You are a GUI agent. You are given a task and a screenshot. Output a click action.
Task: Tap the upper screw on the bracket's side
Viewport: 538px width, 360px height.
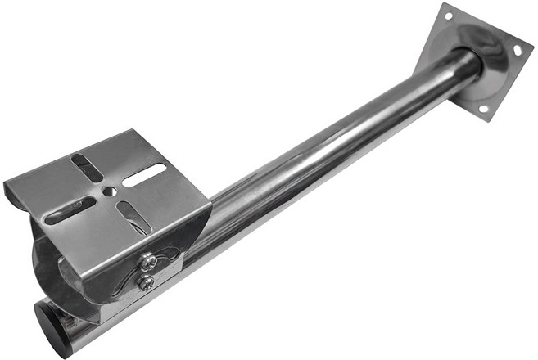(x=148, y=262)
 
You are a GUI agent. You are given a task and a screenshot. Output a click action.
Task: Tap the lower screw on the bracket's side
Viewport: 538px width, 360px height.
(x=146, y=283)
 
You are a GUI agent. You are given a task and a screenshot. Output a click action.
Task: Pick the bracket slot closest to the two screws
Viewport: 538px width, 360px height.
(x=131, y=217)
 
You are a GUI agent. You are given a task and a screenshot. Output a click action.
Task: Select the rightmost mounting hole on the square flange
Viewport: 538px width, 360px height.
(x=518, y=50)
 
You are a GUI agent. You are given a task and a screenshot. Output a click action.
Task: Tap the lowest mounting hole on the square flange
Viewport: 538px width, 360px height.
(x=482, y=108)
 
